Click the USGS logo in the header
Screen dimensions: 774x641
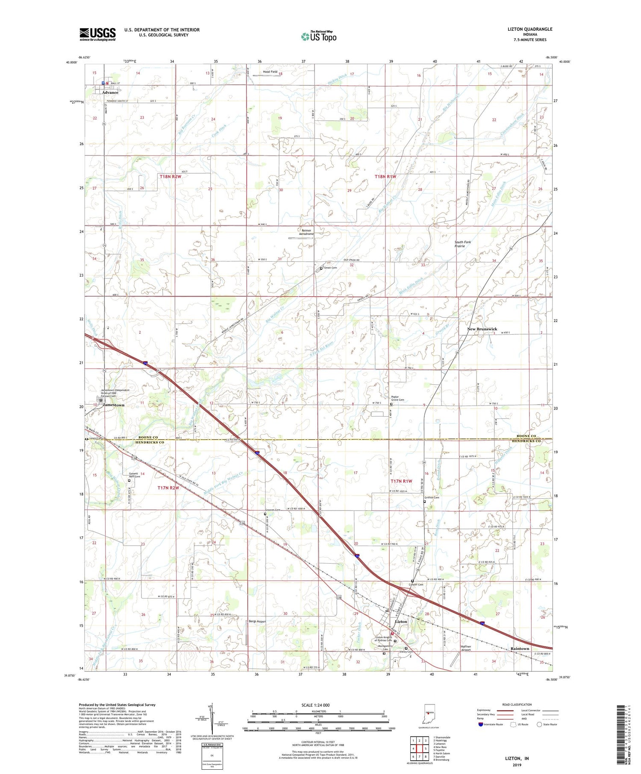97,34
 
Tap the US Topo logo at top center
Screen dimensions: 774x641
318,36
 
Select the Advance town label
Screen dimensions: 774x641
110,92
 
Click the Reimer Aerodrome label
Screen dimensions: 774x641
306,232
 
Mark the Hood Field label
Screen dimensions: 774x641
270,72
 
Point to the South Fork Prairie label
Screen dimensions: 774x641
462,244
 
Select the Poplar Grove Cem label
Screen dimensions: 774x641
397,398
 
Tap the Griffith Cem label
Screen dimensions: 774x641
432,497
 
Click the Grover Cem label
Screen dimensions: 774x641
272,510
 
